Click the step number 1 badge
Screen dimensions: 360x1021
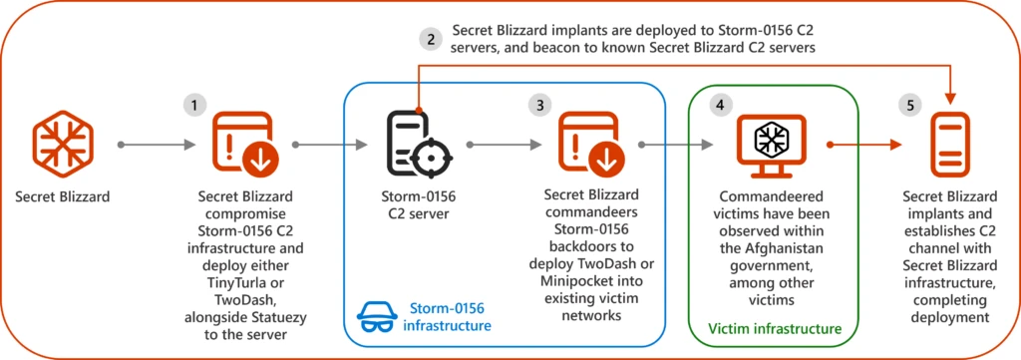(x=194, y=104)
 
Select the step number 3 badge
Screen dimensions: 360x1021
(x=540, y=104)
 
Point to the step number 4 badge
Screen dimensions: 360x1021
(x=720, y=104)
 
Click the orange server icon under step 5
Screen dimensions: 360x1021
(x=947, y=146)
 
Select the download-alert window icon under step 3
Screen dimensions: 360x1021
(x=591, y=145)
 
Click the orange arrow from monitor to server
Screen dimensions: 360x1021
(x=859, y=145)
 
